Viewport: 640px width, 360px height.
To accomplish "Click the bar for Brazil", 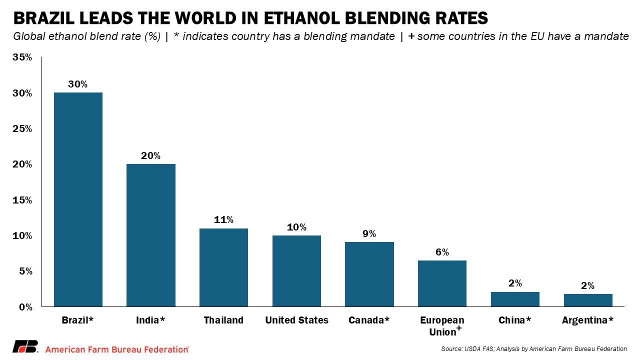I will coord(78,199).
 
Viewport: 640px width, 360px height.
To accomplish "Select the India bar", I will coord(151,235).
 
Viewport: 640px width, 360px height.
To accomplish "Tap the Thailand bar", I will coord(223,267).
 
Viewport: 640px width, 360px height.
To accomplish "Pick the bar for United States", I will coord(296,271).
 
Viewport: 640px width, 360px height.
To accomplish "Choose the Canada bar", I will coord(369,274).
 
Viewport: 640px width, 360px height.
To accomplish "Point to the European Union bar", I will coord(442,283).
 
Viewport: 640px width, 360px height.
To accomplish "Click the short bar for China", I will coord(515,299).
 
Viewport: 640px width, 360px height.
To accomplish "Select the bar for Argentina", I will coord(588,300).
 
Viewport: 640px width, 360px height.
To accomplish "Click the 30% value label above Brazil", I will coord(77,84).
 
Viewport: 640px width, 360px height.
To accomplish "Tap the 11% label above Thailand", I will coord(223,220).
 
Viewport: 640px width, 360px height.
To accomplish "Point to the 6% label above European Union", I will coord(442,252).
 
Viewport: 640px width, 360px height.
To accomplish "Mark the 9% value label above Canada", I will coord(369,233).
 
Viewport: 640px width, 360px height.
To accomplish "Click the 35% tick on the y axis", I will coord(22,57).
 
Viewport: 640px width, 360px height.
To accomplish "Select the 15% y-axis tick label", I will coord(22,200).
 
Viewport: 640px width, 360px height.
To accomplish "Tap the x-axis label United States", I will coord(296,320).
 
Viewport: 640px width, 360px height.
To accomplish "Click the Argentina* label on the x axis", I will coord(587,320).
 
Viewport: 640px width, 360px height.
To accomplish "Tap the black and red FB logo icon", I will coord(25,347).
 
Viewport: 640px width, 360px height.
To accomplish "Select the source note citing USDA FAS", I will coord(534,349).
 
